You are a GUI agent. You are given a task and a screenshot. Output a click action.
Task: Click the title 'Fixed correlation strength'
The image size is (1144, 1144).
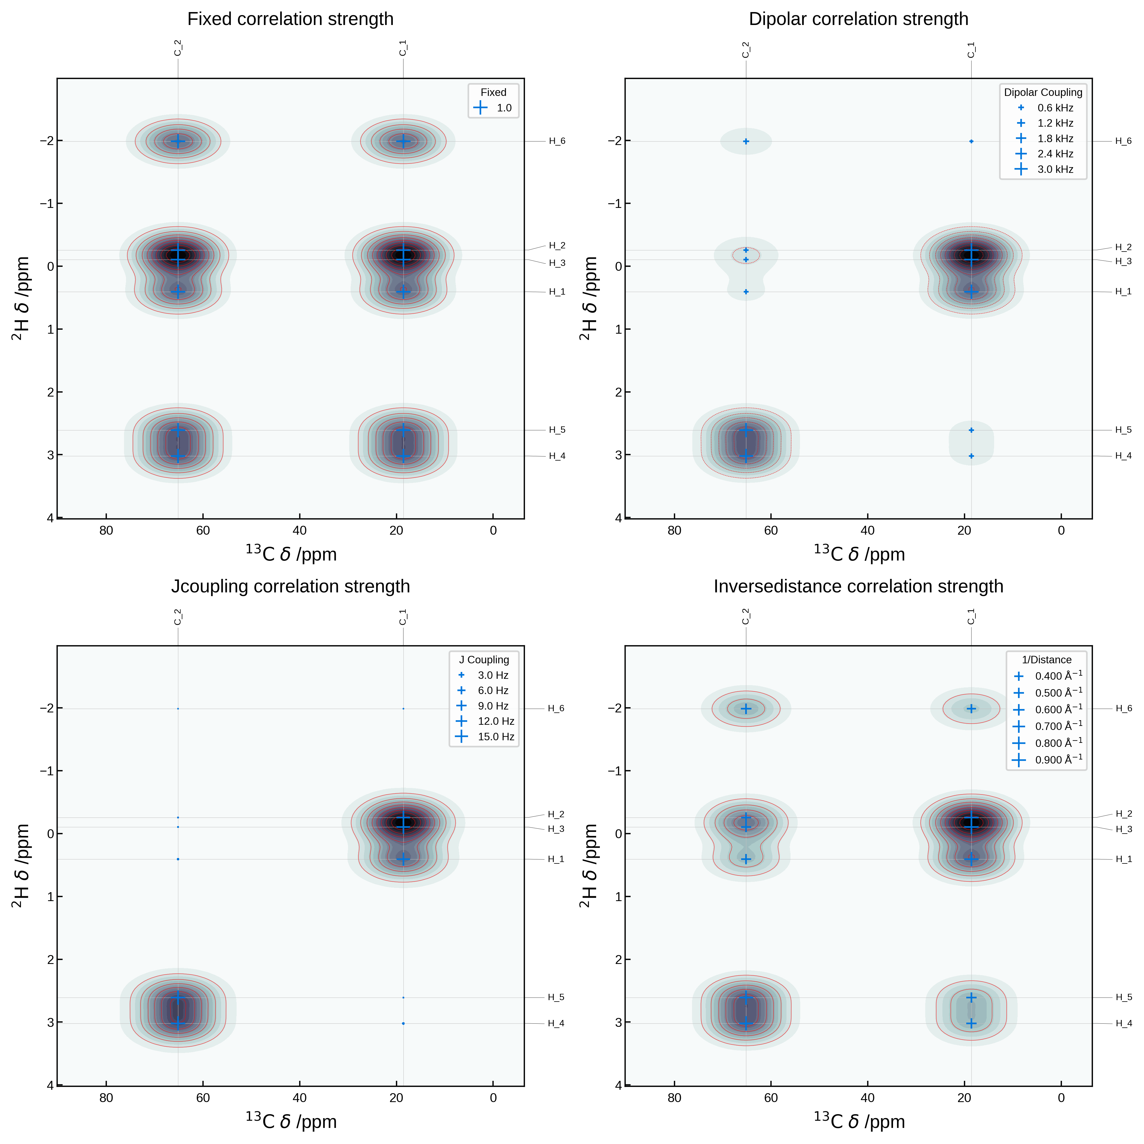290,19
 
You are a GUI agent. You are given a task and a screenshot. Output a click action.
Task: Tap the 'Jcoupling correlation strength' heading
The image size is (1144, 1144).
290,586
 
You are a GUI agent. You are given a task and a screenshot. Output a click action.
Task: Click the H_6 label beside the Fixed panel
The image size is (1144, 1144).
556,141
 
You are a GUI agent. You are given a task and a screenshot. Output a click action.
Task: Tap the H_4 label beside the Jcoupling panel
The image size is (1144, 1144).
555,1023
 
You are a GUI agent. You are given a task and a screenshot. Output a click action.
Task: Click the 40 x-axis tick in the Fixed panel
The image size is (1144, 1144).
299,531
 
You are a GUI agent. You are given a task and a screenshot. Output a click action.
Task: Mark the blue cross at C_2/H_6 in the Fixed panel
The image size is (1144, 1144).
178,141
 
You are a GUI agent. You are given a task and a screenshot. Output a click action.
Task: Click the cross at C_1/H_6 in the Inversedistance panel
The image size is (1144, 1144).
971,708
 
